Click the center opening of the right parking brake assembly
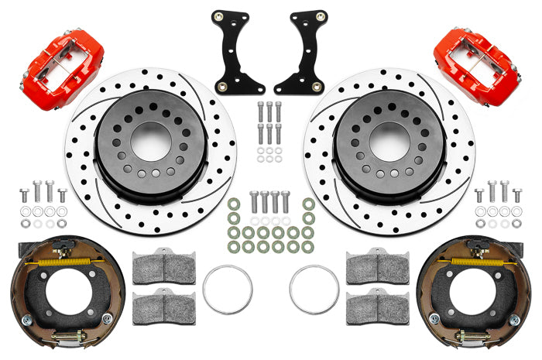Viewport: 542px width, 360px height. (479, 295)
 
